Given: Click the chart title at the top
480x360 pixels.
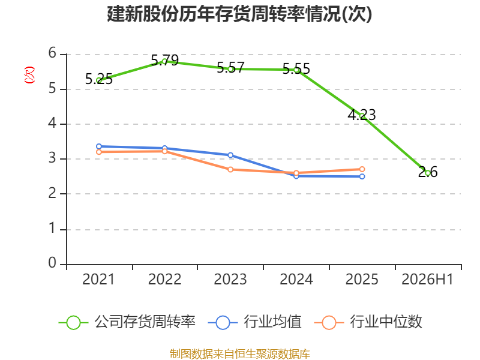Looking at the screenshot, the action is pyautogui.click(x=239, y=14).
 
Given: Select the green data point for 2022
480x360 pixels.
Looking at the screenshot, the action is pyautogui.click(x=164, y=62).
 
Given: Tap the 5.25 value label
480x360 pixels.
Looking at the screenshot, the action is pyautogui.click(x=99, y=79).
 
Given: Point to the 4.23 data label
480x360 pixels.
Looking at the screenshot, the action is pyautogui.click(x=362, y=115).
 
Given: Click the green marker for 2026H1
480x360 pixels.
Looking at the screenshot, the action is pyautogui.click(x=428, y=173).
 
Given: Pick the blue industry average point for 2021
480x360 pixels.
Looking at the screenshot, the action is pyautogui.click(x=99, y=146).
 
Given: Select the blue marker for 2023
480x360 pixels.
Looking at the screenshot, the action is pyautogui.click(x=230, y=155).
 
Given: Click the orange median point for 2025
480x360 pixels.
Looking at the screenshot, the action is pyautogui.click(x=362, y=169).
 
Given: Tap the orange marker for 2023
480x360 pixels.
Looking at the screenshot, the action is pyautogui.click(x=230, y=170).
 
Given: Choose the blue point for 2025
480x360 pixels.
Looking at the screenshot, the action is pyautogui.click(x=362, y=176).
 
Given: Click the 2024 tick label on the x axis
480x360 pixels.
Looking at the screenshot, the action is pyautogui.click(x=296, y=280).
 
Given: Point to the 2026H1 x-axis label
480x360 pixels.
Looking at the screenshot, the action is pyautogui.click(x=427, y=280).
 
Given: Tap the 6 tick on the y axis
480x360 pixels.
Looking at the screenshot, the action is pyautogui.click(x=52, y=53).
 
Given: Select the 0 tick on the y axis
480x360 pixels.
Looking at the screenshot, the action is pyautogui.click(x=52, y=263).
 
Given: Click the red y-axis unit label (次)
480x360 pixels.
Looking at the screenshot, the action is pyautogui.click(x=29, y=75).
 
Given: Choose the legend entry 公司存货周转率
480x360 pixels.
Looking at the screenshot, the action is pyautogui.click(x=127, y=322).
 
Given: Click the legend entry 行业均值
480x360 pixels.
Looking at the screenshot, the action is pyautogui.click(x=254, y=322).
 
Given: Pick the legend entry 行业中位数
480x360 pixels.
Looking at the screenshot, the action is pyautogui.click(x=368, y=322).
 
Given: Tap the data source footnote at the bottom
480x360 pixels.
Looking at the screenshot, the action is pyautogui.click(x=240, y=354).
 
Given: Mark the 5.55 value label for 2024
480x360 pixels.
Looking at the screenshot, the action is pyautogui.click(x=296, y=69).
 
